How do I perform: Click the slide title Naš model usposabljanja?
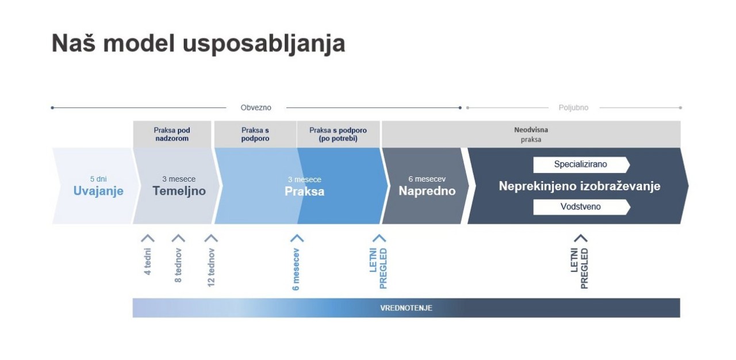pos(198,43)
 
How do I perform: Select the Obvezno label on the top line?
pos(256,108)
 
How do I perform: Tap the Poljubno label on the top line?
pos(573,108)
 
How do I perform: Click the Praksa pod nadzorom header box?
pos(171,135)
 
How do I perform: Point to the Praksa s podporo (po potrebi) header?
pos(338,135)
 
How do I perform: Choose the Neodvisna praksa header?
pos(531,135)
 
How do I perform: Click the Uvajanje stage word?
pos(98,192)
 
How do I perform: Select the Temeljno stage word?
pos(179,192)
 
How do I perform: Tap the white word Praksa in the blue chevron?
pos(304,192)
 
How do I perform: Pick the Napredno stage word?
pos(427,192)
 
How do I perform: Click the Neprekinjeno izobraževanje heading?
pos(580,186)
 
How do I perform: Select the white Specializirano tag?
pos(580,164)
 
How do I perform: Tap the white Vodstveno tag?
pos(580,206)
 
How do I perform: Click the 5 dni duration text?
pos(98,179)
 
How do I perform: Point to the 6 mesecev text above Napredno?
pos(427,179)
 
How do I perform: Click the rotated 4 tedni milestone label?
pos(148,262)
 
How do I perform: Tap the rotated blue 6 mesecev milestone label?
pos(296,269)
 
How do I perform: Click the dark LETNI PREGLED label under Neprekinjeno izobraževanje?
pos(580,268)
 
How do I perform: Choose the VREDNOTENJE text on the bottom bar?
pos(406,308)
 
